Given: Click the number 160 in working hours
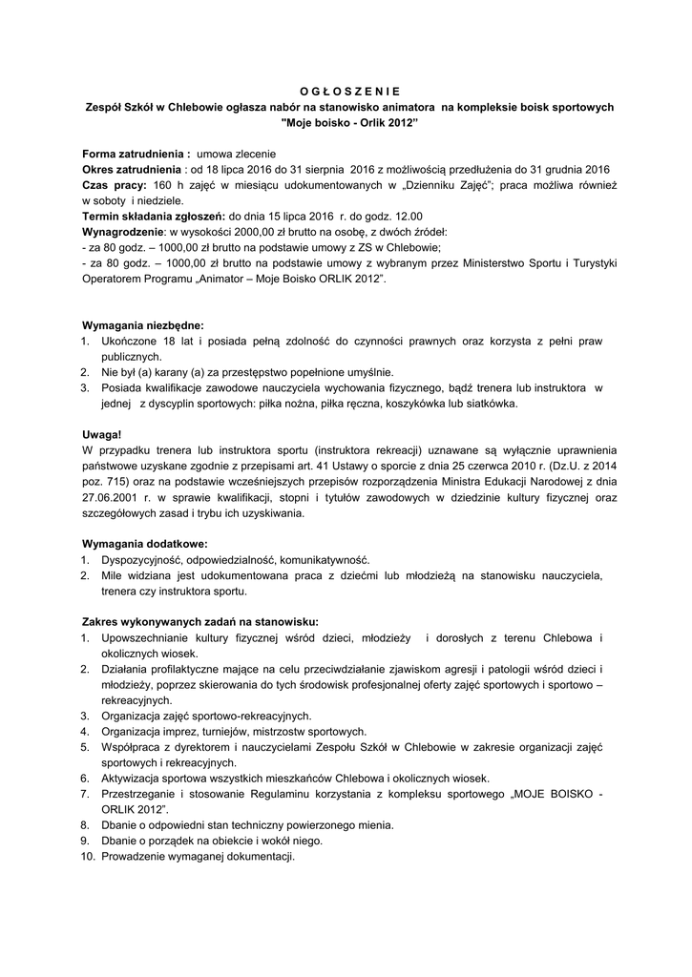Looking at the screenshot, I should (x=163, y=184).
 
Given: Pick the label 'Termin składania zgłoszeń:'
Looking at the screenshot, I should (x=154, y=216).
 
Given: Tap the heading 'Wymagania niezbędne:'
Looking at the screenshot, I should (x=143, y=324).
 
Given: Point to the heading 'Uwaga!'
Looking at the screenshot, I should (x=102, y=434).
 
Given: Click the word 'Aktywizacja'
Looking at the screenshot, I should (x=131, y=778).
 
